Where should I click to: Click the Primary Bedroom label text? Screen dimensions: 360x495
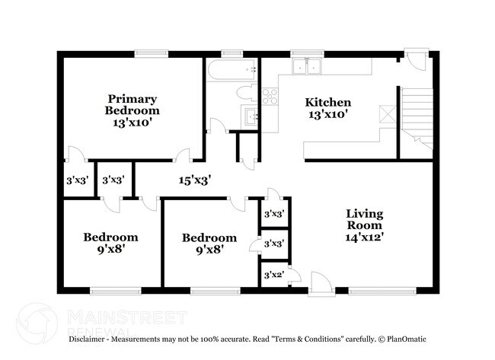(x=132, y=104)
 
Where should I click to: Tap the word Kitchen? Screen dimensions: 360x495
(x=327, y=103)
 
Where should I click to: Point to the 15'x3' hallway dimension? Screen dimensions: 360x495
(x=194, y=180)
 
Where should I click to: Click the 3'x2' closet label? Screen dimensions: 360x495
(x=273, y=275)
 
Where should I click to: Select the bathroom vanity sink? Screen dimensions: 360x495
(x=251, y=117)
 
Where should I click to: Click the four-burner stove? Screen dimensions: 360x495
(x=270, y=96)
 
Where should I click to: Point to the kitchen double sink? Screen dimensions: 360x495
(x=308, y=67)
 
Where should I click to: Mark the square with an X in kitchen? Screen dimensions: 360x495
(x=386, y=113)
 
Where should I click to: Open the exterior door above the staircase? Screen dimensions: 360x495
(x=415, y=61)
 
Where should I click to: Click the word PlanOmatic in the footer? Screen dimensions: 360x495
(x=407, y=338)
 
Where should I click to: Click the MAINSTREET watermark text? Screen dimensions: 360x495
(x=126, y=315)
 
